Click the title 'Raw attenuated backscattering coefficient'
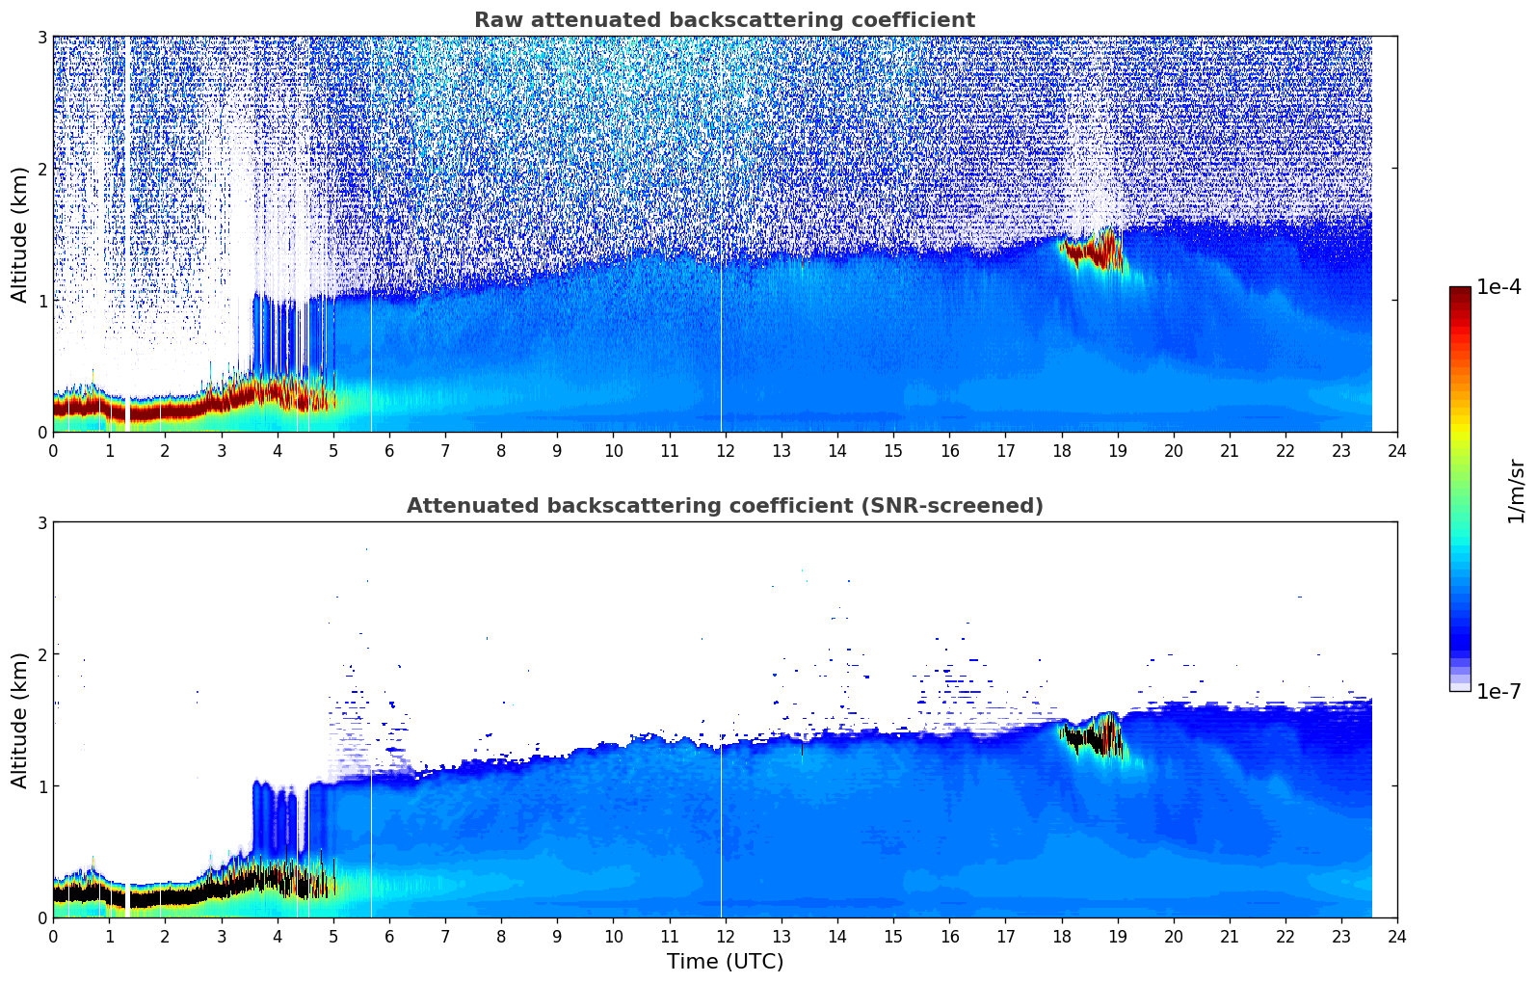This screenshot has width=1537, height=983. [725, 20]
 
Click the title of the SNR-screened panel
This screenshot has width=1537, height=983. [725, 506]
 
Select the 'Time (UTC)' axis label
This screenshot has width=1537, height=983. [725, 962]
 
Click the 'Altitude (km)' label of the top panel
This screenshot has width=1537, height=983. [20, 234]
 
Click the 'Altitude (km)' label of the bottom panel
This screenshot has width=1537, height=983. [20, 720]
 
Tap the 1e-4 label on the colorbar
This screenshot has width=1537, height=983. [1498, 287]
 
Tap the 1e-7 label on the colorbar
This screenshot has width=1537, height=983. [1498, 691]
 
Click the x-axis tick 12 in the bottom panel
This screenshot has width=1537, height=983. [725, 937]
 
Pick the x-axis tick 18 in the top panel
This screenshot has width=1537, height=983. [1061, 451]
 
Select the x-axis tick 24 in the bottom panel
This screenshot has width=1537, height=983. [1397, 937]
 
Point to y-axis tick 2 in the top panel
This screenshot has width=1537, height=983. [41, 169]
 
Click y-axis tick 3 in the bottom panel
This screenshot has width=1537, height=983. [41, 523]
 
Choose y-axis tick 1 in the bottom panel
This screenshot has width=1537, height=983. [41, 786]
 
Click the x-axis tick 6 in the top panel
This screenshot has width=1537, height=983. [389, 451]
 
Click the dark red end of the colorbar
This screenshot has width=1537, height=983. [1460, 292]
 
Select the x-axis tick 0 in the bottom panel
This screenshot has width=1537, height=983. [53, 937]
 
